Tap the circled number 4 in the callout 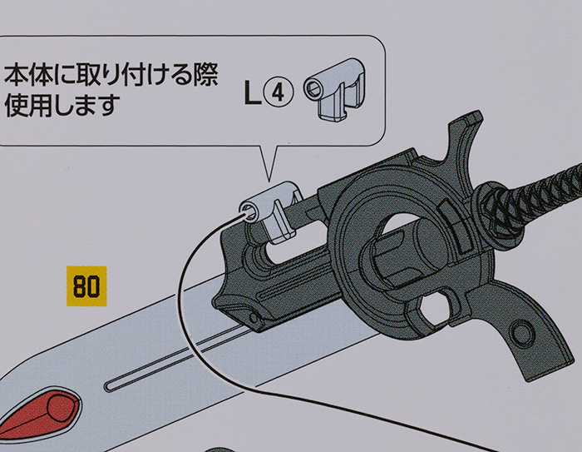point(280,93)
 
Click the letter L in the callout point(252,93)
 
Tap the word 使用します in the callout point(62,106)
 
